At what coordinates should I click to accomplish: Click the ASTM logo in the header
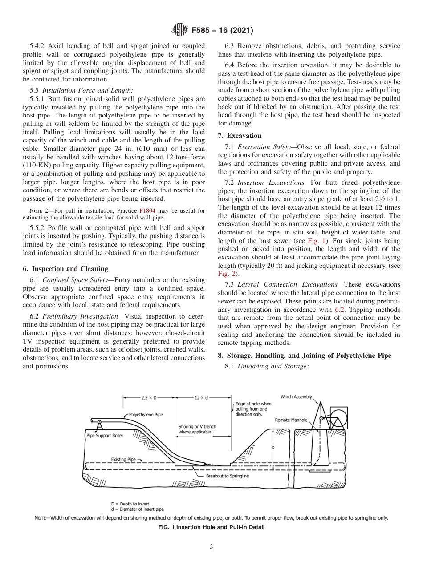[179, 31]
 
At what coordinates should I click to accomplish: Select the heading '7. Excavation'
[240, 136]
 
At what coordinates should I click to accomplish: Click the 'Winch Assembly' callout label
[296, 397]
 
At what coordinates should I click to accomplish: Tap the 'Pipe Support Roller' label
[105, 436]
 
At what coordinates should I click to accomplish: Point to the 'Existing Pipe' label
[123, 459]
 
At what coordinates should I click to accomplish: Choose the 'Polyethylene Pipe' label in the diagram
[146, 415]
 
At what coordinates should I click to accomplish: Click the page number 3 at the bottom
[211, 547]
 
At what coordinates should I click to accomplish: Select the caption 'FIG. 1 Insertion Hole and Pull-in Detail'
[211, 527]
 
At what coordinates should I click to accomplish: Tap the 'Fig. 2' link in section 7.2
[225, 274]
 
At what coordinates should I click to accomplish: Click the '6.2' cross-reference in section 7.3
[340, 309]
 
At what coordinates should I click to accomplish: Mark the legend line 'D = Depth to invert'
[130, 504]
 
